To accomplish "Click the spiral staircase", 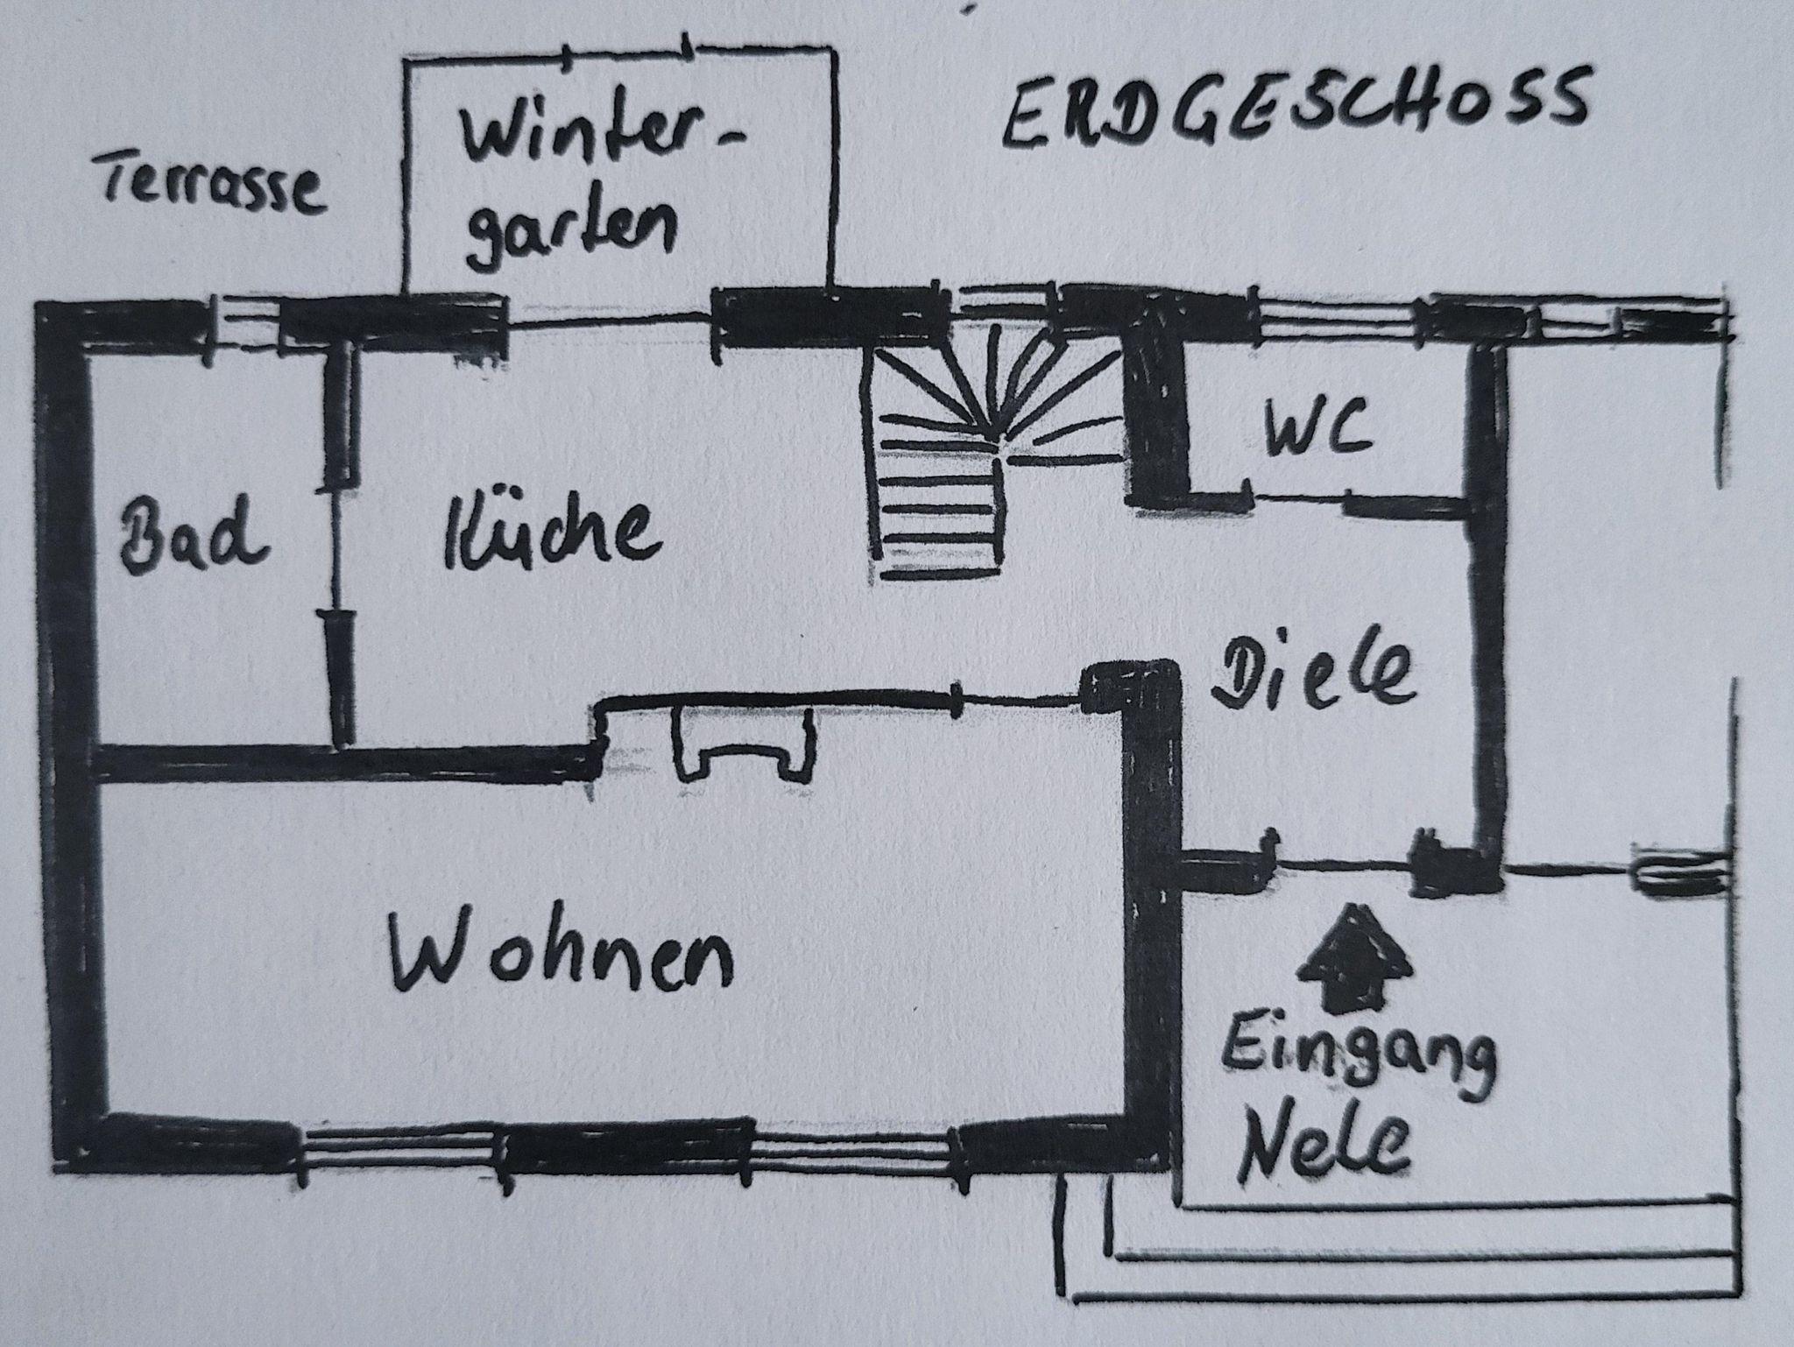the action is (x=999, y=455).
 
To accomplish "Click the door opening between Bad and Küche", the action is (x=337, y=547).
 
